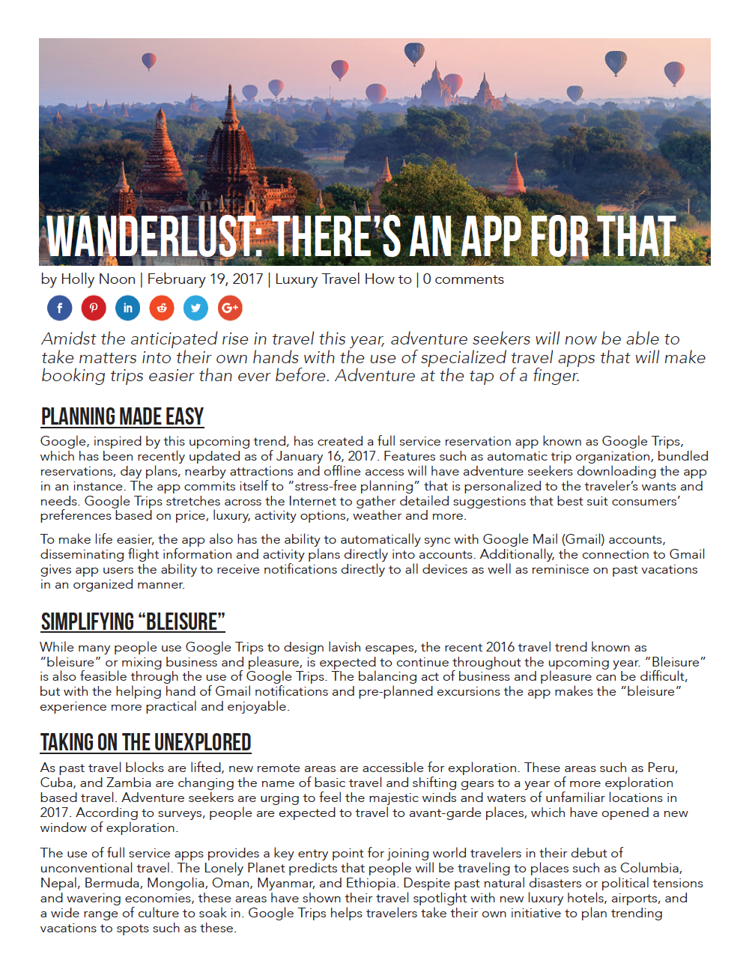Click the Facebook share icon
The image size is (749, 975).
click(60, 308)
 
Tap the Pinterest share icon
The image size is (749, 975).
click(94, 308)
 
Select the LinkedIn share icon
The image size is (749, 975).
click(127, 308)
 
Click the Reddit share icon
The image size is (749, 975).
click(162, 308)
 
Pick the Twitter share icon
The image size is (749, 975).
click(195, 308)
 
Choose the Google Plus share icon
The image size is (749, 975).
click(230, 308)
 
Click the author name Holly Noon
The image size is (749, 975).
click(97, 279)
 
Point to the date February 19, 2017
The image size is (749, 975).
click(205, 279)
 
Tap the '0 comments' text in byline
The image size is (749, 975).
click(463, 279)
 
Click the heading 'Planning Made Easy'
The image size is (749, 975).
click(122, 416)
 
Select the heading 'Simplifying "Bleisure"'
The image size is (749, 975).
click(133, 622)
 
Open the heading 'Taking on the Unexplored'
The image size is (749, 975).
click(145, 742)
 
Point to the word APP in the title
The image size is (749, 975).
click(491, 237)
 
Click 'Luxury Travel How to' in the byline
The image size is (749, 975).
click(343, 279)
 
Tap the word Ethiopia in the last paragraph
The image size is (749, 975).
click(371, 883)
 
